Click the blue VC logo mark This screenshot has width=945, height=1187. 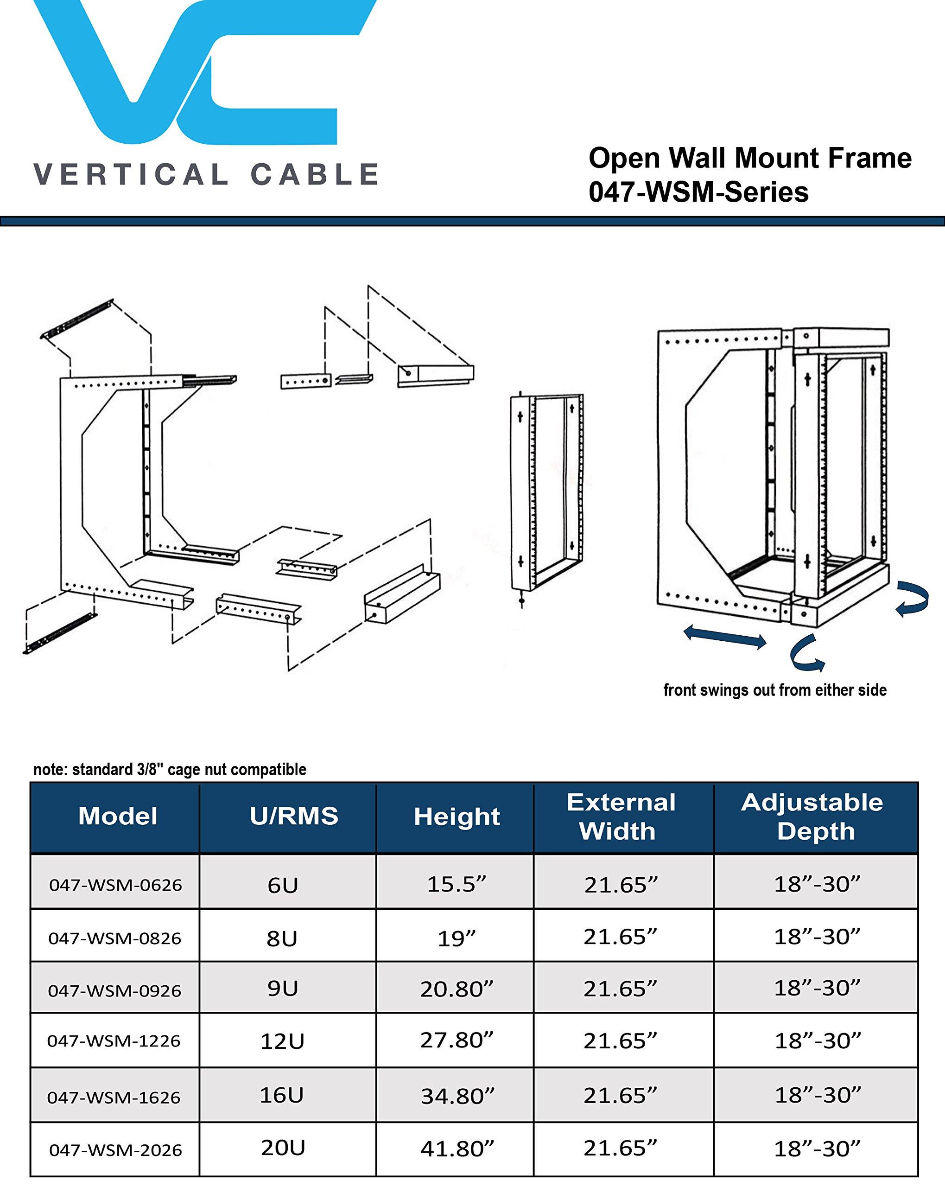(193, 71)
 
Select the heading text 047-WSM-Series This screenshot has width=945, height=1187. (698, 192)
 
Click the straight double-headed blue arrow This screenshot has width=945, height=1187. (725, 638)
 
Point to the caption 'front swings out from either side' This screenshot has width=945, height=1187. (774, 690)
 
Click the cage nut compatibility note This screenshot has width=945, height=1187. (170, 769)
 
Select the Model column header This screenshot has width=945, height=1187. (117, 816)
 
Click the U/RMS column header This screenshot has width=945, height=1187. (294, 816)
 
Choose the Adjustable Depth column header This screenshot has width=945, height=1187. (812, 817)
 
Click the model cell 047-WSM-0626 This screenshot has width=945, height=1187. (115, 885)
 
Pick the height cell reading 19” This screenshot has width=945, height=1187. (456, 938)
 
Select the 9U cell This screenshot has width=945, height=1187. (282, 989)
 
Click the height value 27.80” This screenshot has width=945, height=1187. (456, 1040)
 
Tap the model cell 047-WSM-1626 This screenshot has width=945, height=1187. (114, 1097)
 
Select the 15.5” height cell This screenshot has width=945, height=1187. (456, 884)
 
